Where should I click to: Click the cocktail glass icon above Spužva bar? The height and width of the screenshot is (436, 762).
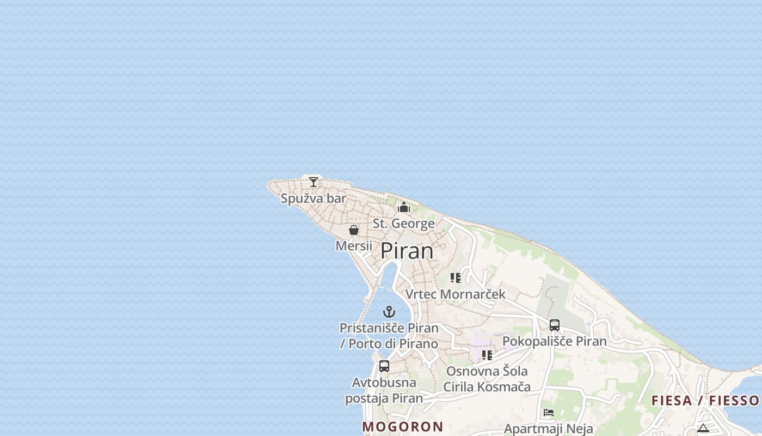pos(314,182)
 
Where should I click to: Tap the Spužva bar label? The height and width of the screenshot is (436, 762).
pos(314,198)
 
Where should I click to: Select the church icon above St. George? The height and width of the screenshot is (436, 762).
pos(404,207)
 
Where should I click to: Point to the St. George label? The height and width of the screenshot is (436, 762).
pos(404,223)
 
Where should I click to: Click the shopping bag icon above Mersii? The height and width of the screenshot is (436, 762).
pos(354,230)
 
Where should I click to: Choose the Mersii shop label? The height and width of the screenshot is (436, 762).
pos(354,246)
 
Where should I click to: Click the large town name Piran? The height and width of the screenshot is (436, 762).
pos(407,251)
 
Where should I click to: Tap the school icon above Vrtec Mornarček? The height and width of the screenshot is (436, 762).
pos(456,278)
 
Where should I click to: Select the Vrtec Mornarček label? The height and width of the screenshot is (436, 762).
pos(456,294)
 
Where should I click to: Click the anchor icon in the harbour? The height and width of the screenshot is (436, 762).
pos(389,312)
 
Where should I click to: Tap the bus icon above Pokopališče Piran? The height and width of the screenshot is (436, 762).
pos(555,325)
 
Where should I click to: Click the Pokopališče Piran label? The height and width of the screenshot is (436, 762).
pos(554,342)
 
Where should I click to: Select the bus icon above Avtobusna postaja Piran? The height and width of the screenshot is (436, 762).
pos(384,366)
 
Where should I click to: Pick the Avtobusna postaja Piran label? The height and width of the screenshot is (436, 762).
pos(384,390)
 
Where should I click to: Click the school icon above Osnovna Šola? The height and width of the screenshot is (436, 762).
pos(487,355)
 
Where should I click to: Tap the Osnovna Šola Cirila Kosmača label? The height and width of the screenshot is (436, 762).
pos(487,379)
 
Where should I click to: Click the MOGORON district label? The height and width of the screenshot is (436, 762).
pos(403,427)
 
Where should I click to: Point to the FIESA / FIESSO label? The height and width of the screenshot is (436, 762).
pos(705,401)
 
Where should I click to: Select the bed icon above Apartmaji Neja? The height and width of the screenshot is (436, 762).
pos(549,413)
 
